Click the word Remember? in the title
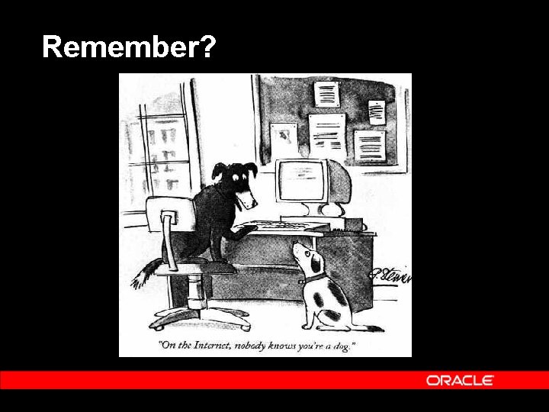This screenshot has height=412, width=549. tap(129, 47)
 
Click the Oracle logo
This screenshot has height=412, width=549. tap(460, 380)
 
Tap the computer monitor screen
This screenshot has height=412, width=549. tap(302, 180)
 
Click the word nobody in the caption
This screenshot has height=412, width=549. tap(255, 346)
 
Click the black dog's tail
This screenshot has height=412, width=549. tap(145, 273)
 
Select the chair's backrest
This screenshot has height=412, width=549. tap(162, 222)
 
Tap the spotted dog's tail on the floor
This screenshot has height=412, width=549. tap(369, 327)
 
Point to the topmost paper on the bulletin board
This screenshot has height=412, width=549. tap(326, 93)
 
